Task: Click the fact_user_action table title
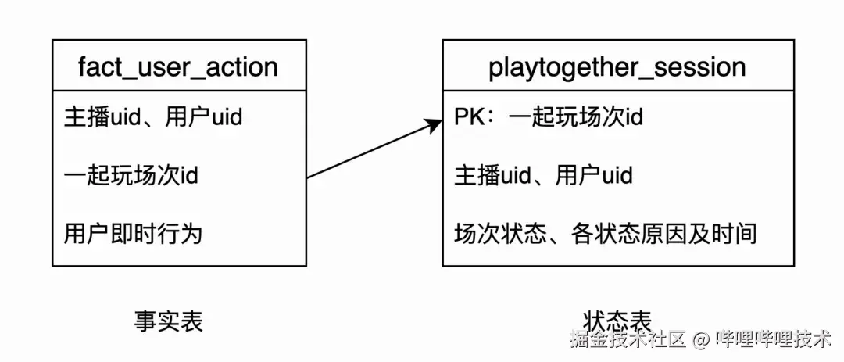pyautogui.click(x=178, y=67)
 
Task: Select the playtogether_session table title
pyautogui.click(x=617, y=67)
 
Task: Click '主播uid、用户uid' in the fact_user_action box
pyautogui.click(x=153, y=116)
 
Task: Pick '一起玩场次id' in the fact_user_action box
pyautogui.click(x=131, y=175)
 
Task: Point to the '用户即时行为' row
pyautogui.click(x=132, y=233)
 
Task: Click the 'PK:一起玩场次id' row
pyautogui.click(x=549, y=116)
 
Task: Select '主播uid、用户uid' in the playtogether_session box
pyautogui.click(x=543, y=175)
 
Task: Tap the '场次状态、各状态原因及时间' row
pyautogui.click(x=605, y=233)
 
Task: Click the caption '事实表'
pyautogui.click(x=168, y=321)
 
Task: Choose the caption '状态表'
pyautogui.click(x=617, y=321)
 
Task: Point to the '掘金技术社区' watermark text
pyautogui.click(x=628, y=339)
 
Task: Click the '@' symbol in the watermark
pyautogui.click(x=701, y=339)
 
